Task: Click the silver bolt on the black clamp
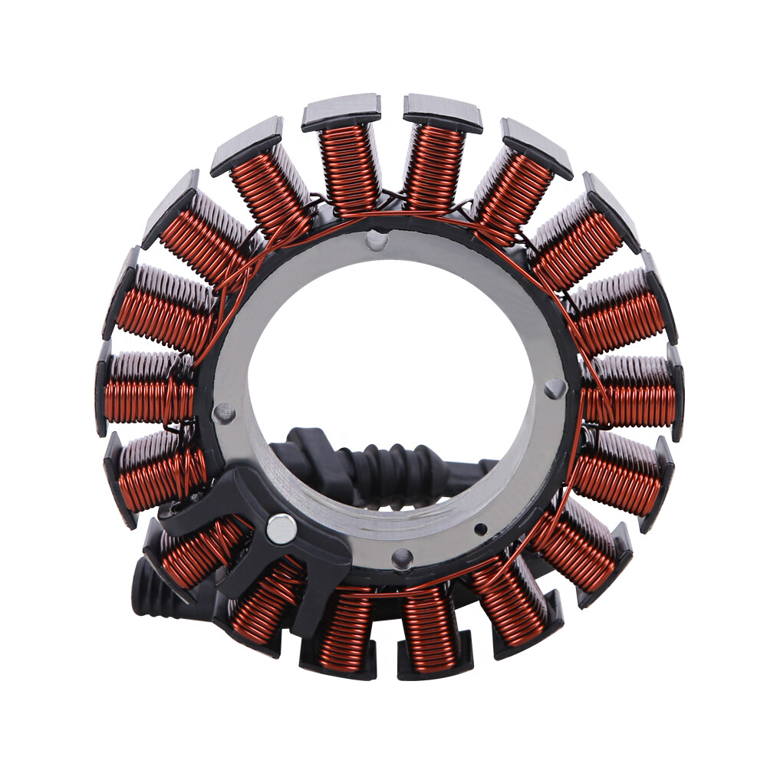click(x=281, y=528)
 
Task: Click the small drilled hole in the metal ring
click(x=481, y=528)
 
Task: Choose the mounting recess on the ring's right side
click(x=555, y=389)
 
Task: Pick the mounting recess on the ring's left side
click(x=225, y=413)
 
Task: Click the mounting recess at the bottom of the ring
click(x=402, y=558)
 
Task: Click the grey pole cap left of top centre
click(x=341, y=112)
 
